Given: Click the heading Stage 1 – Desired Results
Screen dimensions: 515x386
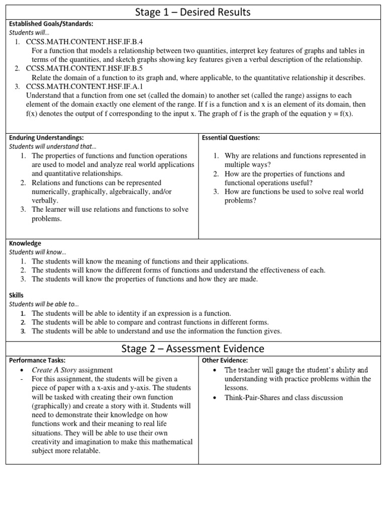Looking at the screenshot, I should coord(193,12).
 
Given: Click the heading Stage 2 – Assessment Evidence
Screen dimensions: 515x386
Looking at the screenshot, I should coord(193,349).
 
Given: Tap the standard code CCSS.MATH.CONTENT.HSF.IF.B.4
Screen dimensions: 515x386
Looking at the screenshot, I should coord(84,42).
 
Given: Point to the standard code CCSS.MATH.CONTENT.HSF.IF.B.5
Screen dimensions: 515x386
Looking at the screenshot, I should coord(84,68).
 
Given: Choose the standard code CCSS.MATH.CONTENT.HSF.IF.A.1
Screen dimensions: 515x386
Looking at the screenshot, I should coord(84,87).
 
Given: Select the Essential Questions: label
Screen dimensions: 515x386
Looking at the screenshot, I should coord(231,137).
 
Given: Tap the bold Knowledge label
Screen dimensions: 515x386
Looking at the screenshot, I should coord(25,243).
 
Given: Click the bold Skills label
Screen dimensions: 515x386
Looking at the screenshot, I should coord(17,295).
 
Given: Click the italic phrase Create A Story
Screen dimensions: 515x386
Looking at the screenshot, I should coord(54,370).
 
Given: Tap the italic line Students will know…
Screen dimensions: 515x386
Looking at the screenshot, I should coord(38,252).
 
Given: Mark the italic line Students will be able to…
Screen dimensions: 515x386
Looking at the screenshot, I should coord(43,304).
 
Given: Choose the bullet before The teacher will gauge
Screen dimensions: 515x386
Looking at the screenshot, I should coord(215,370).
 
